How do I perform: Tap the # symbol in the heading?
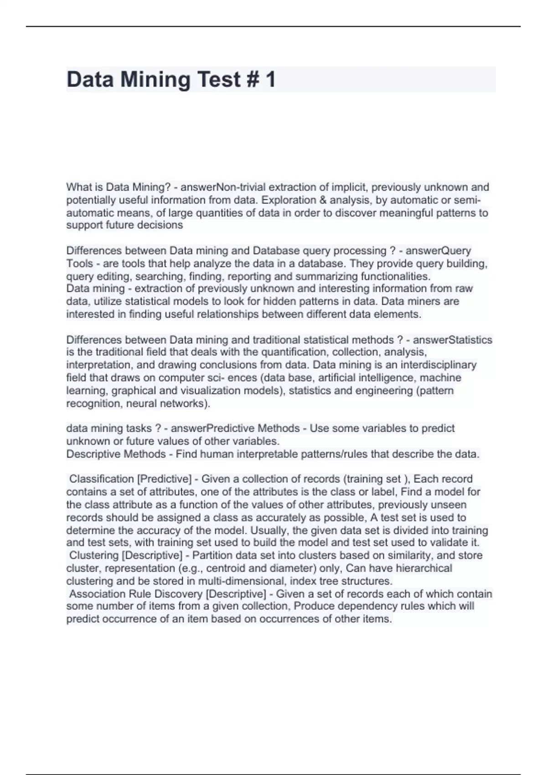253,79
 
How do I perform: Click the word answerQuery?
438,251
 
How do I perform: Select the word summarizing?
326,277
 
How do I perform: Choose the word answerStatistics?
452,340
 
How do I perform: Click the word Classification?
101,479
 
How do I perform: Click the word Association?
98,594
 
